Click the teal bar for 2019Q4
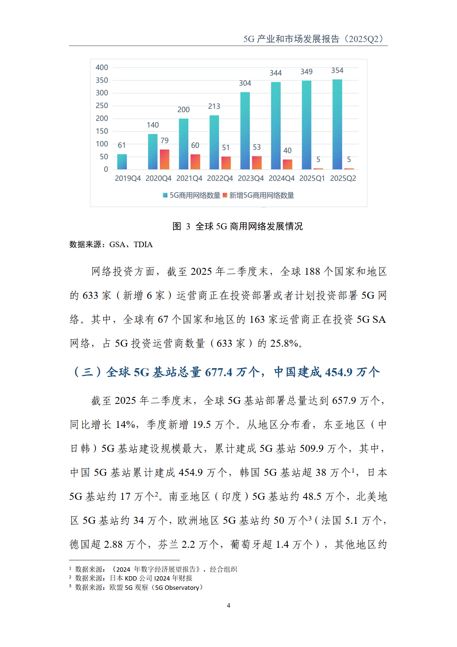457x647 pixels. tap(122, 162)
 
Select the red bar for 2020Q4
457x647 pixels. tap(164, 159)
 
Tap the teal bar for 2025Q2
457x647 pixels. tap(337, 124)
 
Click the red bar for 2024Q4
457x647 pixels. tap(287, 164)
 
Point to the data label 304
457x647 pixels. tap(245, 83)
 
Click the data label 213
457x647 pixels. tap(214, 107)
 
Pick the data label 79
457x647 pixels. tap(164, 141)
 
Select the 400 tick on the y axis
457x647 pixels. tap(102, 68)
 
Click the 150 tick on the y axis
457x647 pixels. tap(102, 131)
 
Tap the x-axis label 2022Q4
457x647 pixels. tap(220, 179)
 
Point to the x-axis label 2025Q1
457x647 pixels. tap(312, 179)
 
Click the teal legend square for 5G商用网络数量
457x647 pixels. tap(165, 196)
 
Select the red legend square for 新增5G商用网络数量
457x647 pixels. tap(225, 196)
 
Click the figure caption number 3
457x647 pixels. tap(188, 226)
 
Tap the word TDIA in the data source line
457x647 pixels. tap(143, 245)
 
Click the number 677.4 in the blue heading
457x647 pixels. tap(219, 372)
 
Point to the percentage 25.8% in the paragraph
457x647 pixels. tap(284, 343)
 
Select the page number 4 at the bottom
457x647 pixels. tap(228, 605)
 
